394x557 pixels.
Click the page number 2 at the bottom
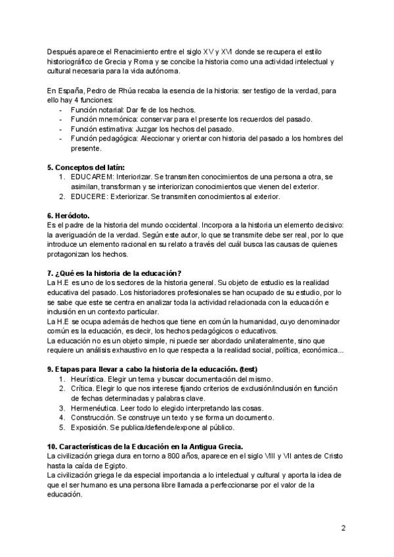(x=343, y=528)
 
